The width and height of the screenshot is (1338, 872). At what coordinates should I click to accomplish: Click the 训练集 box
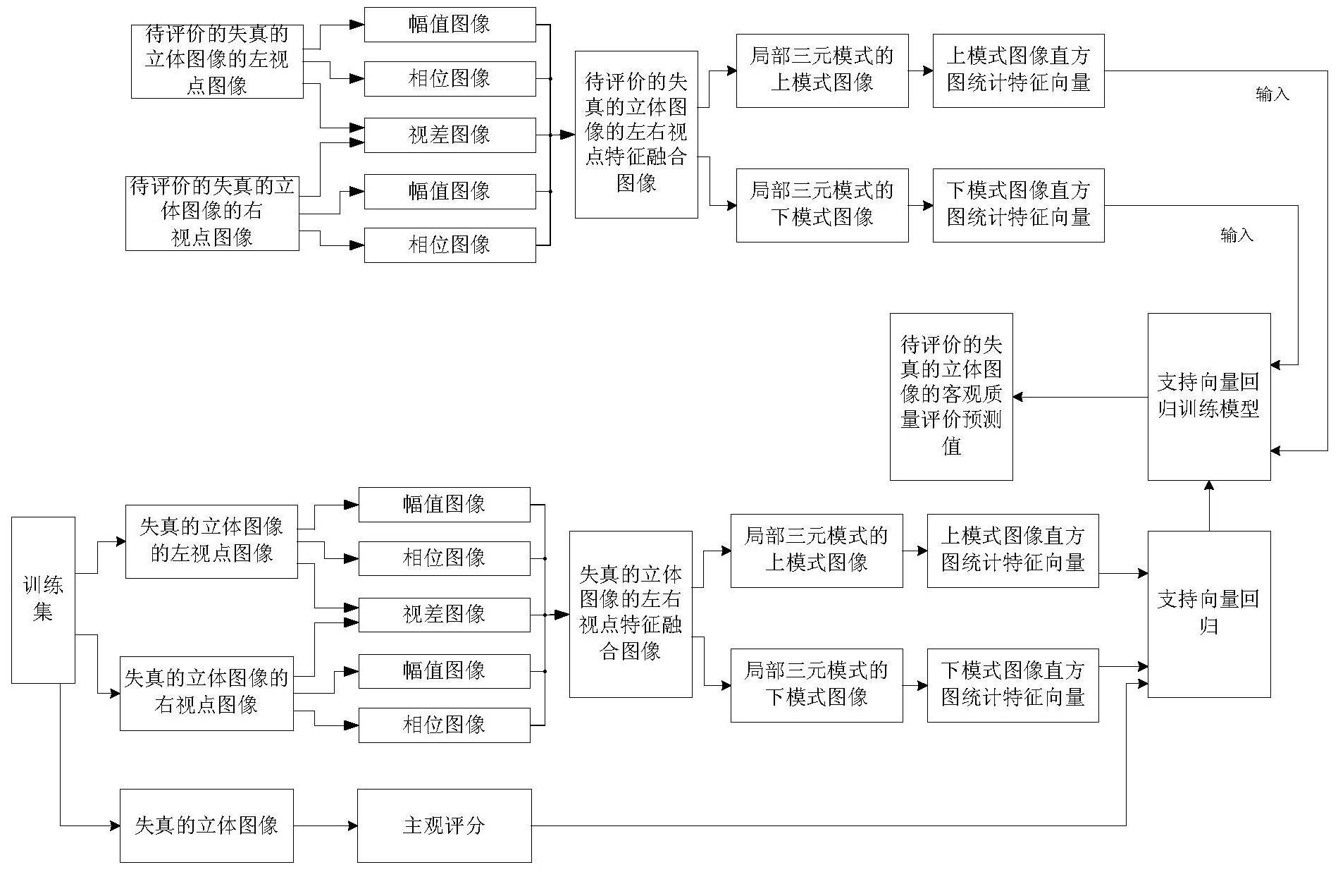[x=43, y=600]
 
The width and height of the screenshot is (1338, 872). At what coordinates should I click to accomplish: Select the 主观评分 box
[x=444, y=825]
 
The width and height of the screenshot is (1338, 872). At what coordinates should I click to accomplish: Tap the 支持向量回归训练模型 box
[x=1209, y=397]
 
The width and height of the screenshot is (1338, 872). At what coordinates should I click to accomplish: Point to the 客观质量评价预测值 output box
[x=951, y=397]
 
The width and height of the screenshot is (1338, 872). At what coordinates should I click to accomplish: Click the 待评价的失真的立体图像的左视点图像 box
[x=217, y=61]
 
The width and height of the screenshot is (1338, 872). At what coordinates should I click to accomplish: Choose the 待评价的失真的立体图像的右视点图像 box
[x=212, y=213]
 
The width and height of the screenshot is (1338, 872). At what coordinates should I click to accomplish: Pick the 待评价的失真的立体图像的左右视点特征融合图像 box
[x=636, y=134]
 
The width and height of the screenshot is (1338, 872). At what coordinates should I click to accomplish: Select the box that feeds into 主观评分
[x=206, y=825]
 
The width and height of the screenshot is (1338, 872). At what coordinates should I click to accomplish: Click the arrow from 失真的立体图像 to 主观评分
[x=326, y=825]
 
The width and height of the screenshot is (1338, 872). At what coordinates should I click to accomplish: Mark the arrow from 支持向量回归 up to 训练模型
[x=1209, y=505]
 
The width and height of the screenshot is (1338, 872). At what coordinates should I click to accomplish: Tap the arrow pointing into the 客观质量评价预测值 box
[x=1080, y=397]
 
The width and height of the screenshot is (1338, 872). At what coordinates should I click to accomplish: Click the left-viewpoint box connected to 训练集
[x=211, y=541]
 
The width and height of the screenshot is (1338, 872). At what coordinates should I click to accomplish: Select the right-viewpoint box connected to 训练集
[x=206, y=693]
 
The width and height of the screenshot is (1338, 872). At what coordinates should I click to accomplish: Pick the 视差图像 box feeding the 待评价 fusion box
[x=450, y=135]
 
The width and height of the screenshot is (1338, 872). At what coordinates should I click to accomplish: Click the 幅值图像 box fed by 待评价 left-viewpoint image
[x=450, y=25]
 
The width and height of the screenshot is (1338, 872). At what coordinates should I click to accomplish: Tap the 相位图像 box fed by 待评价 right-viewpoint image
[x=450, y=245]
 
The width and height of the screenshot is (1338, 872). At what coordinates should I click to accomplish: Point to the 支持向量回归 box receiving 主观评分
[x=1209, y=614]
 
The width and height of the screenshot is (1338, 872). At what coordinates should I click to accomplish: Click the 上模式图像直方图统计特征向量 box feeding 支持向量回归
[x=1012, y=551]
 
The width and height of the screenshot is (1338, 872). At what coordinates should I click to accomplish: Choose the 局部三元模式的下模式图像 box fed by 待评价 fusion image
[x=822, y=205]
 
